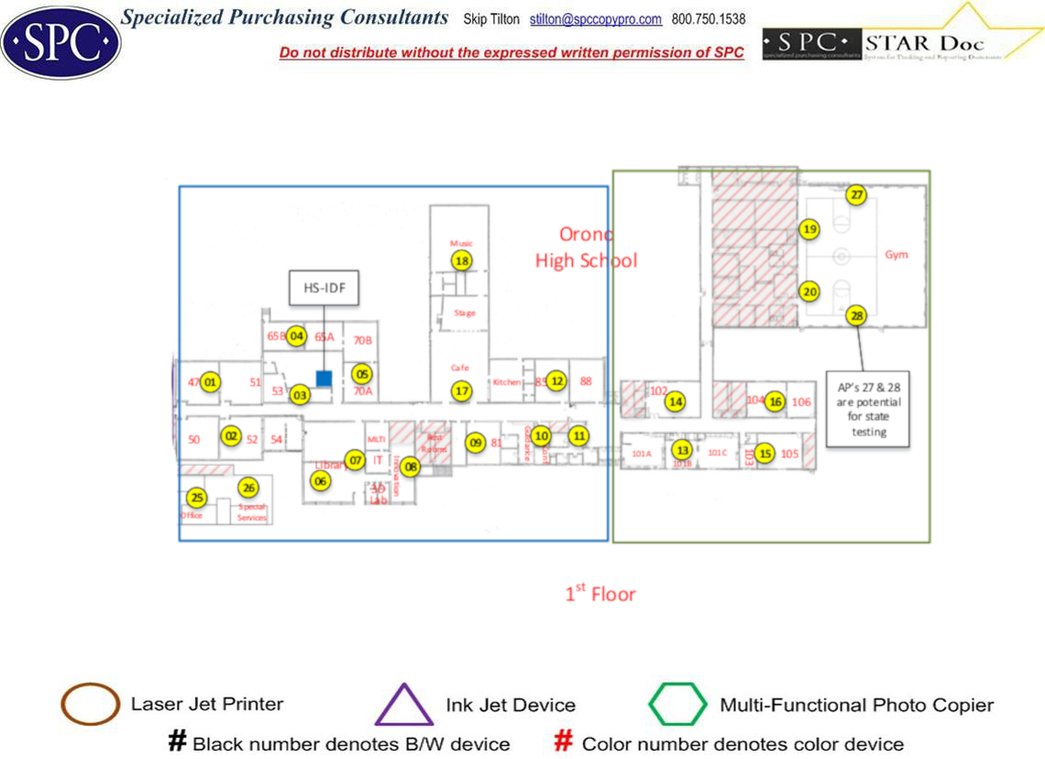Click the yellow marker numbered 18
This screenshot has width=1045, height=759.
point(462,261)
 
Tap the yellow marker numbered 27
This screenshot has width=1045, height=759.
point(856,195)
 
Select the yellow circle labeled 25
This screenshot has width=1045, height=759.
point(196,498)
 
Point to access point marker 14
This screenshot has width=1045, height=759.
point(676,401)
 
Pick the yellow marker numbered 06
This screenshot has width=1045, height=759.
point(320,480)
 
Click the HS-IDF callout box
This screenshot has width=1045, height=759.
point(323,288)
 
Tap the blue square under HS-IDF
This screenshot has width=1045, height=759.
point(324,378)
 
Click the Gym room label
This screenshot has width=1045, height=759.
point(896,255)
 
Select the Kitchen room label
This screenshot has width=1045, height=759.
point(507,382)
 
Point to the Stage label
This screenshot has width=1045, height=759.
point(465,313)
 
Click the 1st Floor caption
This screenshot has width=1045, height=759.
point(599,594)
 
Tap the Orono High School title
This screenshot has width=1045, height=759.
point(586,247)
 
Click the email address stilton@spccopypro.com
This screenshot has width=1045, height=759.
point(596,19)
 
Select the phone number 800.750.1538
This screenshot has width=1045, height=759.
point(708,19)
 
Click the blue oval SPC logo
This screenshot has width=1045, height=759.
point(60,40)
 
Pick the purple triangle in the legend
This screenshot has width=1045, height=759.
point(404,705)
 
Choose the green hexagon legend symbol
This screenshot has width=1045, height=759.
point(678,705)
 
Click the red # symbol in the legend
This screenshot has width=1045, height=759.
point(565,742)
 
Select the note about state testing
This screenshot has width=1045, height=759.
point(868,408)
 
